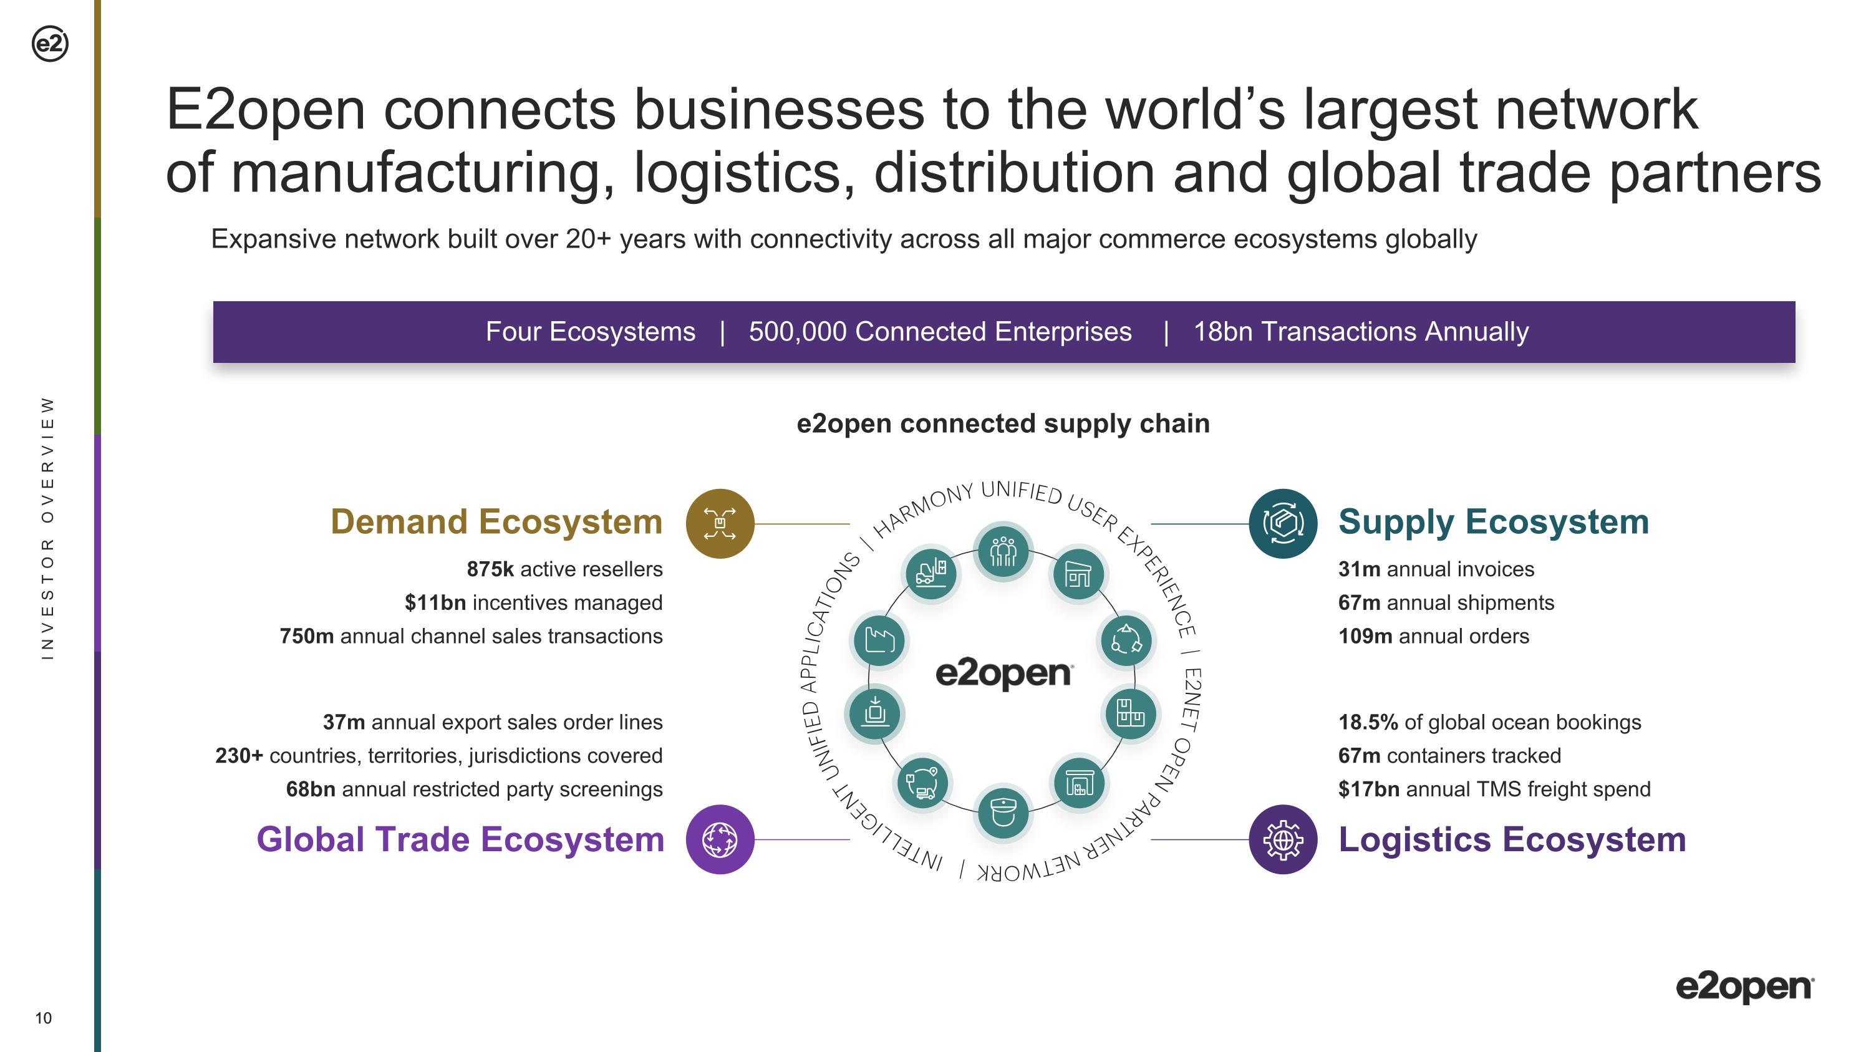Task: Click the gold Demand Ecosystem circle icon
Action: (x=720, y=523)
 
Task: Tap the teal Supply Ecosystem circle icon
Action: (x=1283, y=523)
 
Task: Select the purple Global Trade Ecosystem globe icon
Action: (x=720, y=839)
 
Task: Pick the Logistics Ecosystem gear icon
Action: (x=1283, y=839)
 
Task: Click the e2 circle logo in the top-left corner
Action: (x=50, y=44)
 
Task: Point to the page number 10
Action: (x=44, y=1018)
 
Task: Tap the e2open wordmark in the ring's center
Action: (x=1003, y=673)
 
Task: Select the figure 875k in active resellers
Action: (x=490, y=569)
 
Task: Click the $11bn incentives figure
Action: (x=435, y=602)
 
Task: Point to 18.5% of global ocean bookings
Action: (x=1368, y=722)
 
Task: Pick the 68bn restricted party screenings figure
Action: (x=311, y=789)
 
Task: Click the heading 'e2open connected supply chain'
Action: (x=1003, y=423)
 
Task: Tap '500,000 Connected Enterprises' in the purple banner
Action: (x=940, y=332)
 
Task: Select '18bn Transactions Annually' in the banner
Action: (x=1361, y=332)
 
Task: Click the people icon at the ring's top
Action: (x=1003, y=552)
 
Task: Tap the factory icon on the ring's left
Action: (x=879, y=640)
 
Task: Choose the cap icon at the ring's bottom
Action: (x=1003, y=813)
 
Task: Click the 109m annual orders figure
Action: (x=1365, y=636)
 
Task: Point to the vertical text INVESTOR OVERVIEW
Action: (x=48, y=528)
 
